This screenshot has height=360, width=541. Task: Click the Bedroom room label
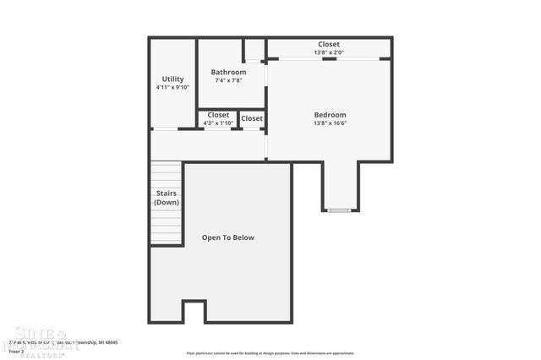(330, 115)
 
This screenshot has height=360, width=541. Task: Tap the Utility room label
(172, 78)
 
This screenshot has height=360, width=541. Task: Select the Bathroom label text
(228, 73)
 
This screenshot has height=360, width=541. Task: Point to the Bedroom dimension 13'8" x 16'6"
(330, 123)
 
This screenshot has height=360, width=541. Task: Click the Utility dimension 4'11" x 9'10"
(172, 87)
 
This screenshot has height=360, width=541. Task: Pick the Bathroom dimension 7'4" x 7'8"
(228, 81)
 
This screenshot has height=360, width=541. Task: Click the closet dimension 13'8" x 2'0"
(329, 52)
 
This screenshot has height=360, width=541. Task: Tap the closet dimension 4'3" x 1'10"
(218, 123)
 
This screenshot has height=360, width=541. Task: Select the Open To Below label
(227, 237)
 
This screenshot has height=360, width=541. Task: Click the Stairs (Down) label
(167, 198)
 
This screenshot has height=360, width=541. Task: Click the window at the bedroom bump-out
(339, 210)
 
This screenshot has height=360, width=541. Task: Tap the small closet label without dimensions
(252, 118)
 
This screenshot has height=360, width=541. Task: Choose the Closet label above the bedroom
(329, 44)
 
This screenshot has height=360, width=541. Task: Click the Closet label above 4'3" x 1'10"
(218, 115)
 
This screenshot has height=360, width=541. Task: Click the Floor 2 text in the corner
(17, 351)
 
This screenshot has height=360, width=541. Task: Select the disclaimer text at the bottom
(270, 353)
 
